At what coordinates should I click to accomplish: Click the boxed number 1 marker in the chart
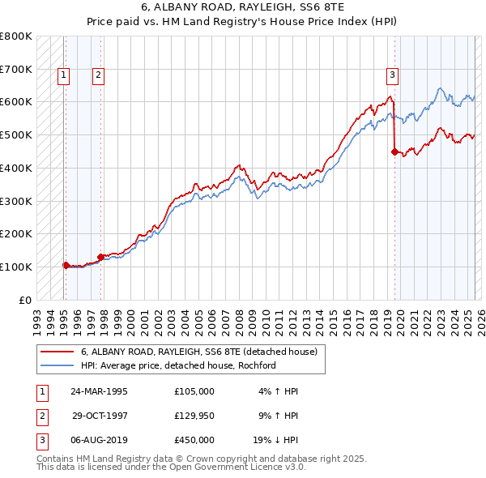[x=63, y=76]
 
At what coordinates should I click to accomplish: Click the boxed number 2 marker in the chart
[x=97, y=76]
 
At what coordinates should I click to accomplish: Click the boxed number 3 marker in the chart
[x=392, y=76]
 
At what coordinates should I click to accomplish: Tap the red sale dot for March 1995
[x=66, y=264]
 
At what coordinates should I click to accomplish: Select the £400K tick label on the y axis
[x=16, y=168]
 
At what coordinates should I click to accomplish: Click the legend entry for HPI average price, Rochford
[x=178, y=365]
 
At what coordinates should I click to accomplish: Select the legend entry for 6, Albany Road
[x=203, y=352]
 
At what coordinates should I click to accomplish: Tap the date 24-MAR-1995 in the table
[x=99, y=391]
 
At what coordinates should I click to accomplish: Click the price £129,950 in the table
[x=194, y=416]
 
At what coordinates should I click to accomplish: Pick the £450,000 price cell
[x=194, y=440]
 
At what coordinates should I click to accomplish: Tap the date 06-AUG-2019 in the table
[x=99, y=440]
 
